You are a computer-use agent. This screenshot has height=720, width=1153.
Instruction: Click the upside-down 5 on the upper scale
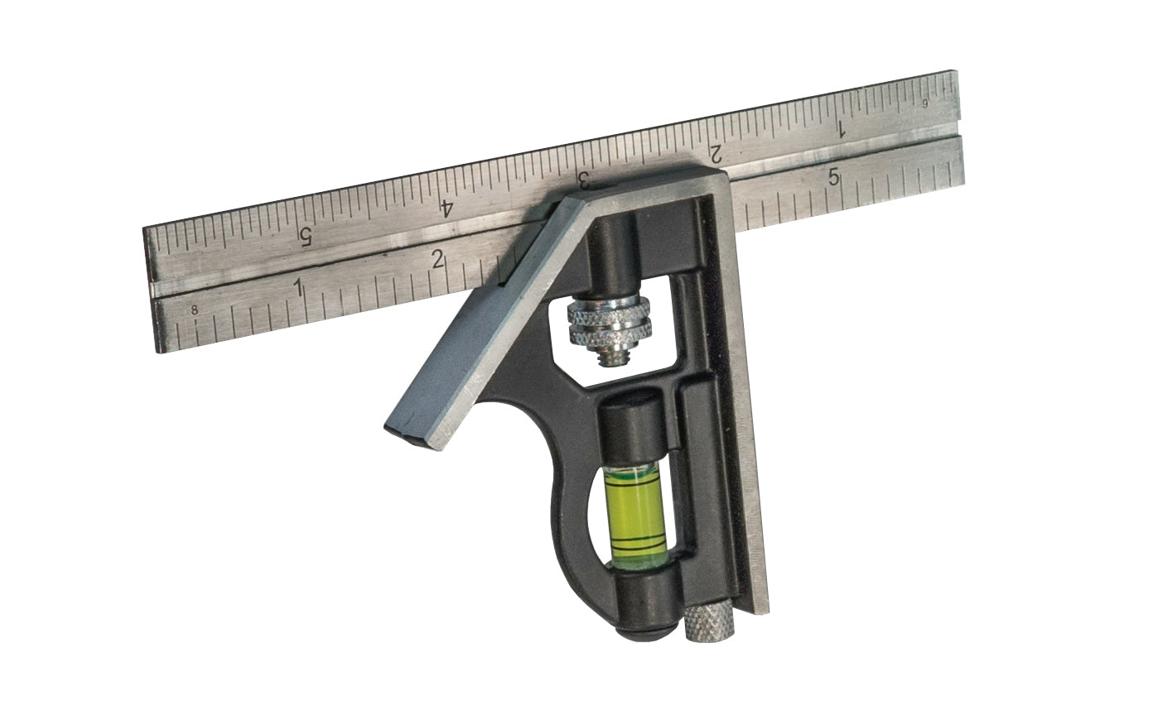coord(305,237)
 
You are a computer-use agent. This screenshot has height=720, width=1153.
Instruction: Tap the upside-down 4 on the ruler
coord(447,206)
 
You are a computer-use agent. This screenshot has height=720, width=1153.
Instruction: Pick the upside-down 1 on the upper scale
coord(840,129)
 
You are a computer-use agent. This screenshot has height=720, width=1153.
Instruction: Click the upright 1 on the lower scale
coord(298,287)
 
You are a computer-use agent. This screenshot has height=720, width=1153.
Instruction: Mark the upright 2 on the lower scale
coord(438,259)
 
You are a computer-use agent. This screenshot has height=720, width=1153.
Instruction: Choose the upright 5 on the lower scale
coord(833,177)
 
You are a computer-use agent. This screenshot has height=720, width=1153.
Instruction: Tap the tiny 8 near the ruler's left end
coord(195,311)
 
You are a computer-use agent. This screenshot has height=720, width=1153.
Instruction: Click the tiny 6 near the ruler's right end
coord(925,103)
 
